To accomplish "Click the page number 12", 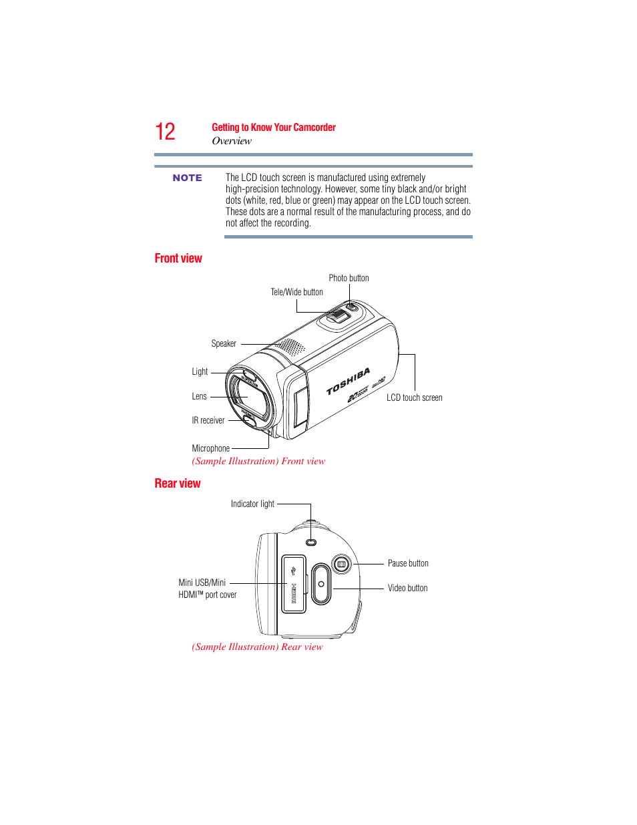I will [x=165, y=132].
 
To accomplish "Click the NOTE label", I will [x=187, y=178].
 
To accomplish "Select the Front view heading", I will [x=178, y=259].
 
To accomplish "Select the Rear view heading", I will [x=178, y=484].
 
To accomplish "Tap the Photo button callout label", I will [x=349, y=278].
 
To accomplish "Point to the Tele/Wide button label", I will [x=296, y=292].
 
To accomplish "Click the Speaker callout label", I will [x=224, y=343].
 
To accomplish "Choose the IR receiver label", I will [x=208, y=420].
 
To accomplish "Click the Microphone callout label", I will [x=211, y=448].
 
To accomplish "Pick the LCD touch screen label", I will [x=414, y=397].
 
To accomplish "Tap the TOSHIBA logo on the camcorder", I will [x=348, y=381].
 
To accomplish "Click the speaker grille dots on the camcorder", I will [x=290, y=347].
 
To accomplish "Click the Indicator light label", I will [x=252, y=504].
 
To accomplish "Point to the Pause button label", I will [x=408, y=563].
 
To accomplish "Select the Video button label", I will [x=407, y=588].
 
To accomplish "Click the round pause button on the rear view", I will [x=341, y=564].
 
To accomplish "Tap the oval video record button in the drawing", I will [x=321, y=584].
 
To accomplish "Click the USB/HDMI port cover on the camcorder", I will [x=294, y=584].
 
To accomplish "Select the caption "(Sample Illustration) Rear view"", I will [x=257, y=647].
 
